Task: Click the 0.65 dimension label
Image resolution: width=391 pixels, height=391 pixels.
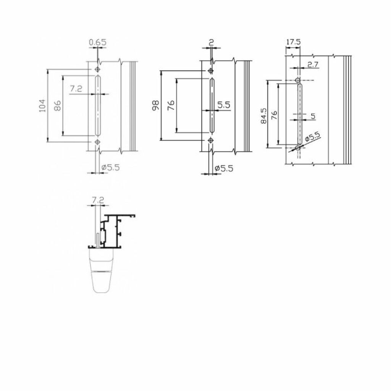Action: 98,42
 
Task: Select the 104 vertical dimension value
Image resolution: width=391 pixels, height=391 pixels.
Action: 43,106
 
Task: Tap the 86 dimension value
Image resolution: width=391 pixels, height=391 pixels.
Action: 57,105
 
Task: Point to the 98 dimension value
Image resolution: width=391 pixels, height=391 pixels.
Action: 155,106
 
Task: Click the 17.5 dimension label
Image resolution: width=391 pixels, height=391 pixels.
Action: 293,42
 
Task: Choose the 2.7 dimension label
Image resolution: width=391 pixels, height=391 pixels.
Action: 313,65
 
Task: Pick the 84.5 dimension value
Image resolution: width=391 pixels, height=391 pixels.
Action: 263,116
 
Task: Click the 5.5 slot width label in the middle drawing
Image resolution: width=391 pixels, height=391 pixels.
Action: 224,105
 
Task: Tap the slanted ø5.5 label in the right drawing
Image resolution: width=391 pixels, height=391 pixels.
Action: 312,137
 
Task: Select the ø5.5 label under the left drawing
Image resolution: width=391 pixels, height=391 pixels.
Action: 111,167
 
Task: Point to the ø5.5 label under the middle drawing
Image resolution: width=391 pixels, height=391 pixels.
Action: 224,168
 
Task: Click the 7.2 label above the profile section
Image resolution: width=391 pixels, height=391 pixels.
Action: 98,200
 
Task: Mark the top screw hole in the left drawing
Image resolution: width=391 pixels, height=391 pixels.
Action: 97,69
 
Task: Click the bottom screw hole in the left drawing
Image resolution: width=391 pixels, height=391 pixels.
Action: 97,142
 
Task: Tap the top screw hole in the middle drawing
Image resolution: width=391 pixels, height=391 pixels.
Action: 211,71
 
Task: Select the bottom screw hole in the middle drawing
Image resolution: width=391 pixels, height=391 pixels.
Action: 211,140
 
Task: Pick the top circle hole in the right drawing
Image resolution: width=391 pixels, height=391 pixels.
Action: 297,80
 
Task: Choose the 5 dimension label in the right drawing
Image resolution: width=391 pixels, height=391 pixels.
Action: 313,116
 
